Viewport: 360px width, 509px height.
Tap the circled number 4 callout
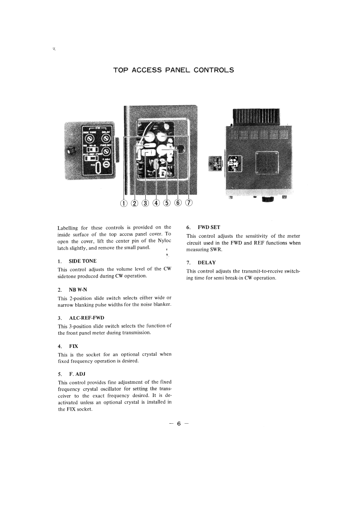[157, 203]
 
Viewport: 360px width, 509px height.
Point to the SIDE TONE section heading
[82, 261]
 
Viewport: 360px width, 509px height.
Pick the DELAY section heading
[207, 263]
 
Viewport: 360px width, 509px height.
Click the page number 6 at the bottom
[179, 424]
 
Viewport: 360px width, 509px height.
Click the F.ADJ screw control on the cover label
[106, 164]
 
